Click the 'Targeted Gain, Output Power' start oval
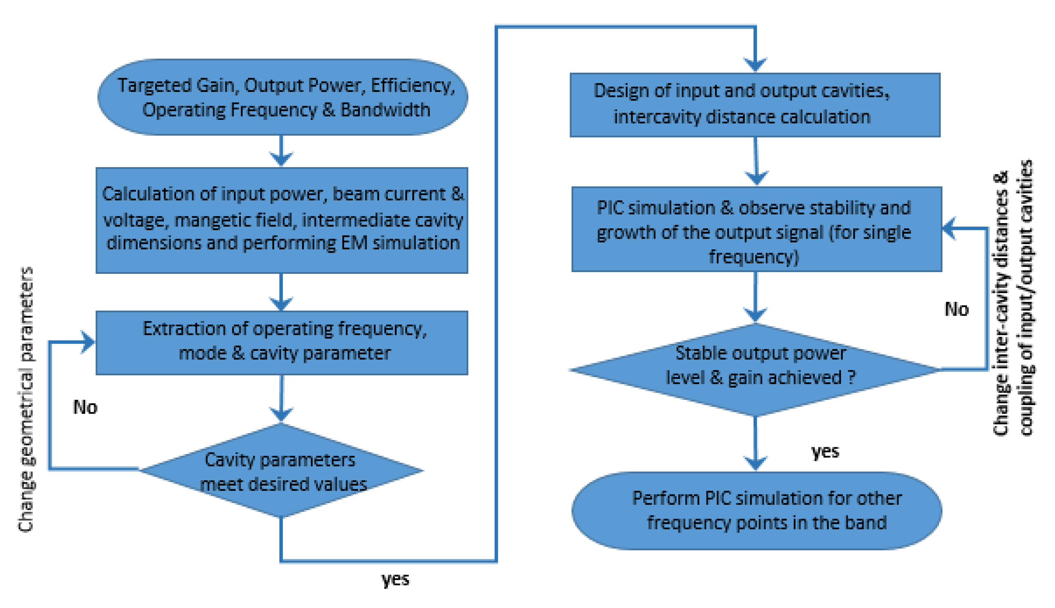(x=282, y=97)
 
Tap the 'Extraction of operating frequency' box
(x=281, y=342)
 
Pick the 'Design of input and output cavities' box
(x=754, y=104)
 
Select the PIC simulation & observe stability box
(x=756, y=229)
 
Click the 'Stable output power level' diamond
(x=755, y=369)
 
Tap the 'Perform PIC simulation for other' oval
(x=756, y=510)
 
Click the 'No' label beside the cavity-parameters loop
(x=85, y=407)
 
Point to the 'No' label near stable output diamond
(x=956, y=309)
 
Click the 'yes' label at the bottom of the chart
(x=395, y=579)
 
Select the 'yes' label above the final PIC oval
(x=825, y=451)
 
